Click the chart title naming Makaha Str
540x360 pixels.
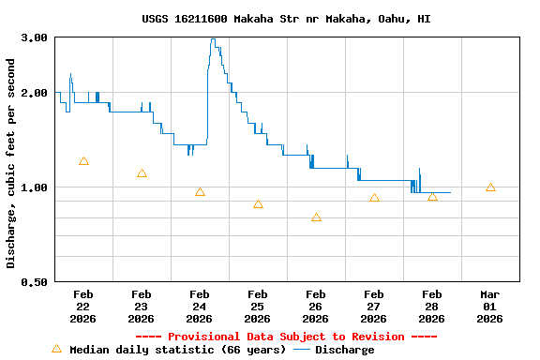pos(287,19)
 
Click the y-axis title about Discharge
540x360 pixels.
pos(11,163)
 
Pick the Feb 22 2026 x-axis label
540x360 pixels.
pos(83,306)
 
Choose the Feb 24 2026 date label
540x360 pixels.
pos(200,306)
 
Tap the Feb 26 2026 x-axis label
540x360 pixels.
pos(316,306)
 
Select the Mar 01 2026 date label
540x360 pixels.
pos(490,306)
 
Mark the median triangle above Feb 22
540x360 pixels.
pos(83,161)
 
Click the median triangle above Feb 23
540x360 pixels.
pos(142,173)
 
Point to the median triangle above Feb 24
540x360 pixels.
pos(200,192)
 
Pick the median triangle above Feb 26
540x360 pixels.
pos(316,217)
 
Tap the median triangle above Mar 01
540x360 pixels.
pos(490,187)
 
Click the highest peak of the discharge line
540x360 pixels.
pos(214,39)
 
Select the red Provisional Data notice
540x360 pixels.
pos(286,337)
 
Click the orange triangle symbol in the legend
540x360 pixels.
pos(56,349)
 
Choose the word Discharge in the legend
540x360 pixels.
pos(344,350)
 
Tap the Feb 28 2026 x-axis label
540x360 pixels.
pos(432,306)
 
